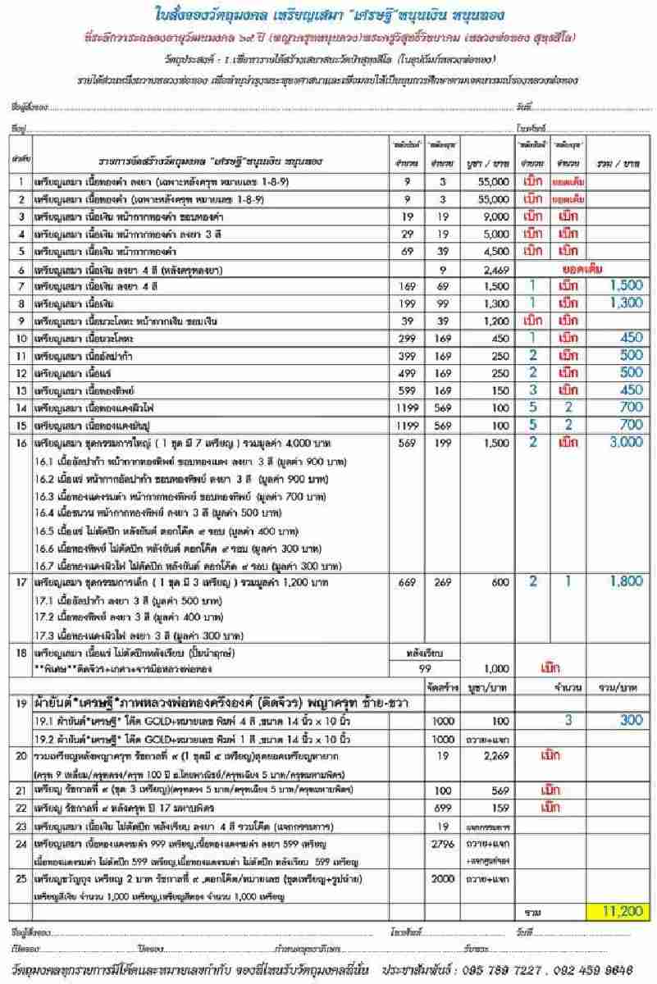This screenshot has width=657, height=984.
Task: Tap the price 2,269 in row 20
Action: [482, 757]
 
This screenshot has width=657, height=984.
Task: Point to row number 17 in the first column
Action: [21, 581]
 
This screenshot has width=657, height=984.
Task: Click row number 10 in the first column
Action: [21, 337]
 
